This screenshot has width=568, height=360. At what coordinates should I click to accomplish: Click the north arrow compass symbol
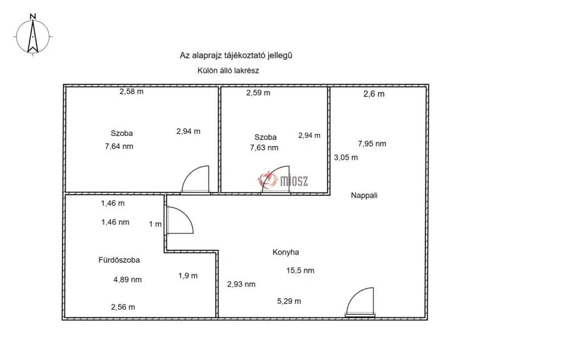[x=32, y=36]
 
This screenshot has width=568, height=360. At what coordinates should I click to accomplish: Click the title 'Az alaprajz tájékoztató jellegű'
[x=236, y=56]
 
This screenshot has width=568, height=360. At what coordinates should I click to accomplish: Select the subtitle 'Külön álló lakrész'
[x=228, y=70]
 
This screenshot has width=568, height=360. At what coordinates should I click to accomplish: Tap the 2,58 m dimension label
[x=132, y=91]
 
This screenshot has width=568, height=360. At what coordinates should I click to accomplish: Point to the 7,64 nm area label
[x=119, y=146]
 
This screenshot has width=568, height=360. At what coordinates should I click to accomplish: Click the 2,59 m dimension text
[x=258, y=93]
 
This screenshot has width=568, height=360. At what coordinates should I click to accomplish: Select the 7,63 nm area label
[x=264, y=148]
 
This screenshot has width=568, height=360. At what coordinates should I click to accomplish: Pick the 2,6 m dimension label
[x=374, y=94]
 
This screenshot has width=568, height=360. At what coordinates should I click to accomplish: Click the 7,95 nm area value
[x=372, y=144]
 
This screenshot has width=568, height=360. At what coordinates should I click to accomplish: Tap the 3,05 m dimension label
[x=345, y=157]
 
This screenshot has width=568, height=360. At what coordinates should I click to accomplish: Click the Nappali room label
[x=364, y=195]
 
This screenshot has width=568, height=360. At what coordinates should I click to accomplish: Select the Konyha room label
[x=286, y=253]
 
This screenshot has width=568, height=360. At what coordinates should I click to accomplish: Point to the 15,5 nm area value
[x=300, y=270]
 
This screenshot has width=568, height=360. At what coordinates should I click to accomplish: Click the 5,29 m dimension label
[x=289, y=302]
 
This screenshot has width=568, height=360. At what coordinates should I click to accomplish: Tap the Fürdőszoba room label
[x=119, y=260]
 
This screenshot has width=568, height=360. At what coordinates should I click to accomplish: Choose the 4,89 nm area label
[x=127, y=279]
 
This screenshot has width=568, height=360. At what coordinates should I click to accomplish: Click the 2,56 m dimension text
[x=123, y=307]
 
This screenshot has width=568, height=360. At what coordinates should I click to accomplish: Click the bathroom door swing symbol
[x=180, y=220]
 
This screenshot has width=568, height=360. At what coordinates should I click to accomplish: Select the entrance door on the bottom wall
[x=360, y=302]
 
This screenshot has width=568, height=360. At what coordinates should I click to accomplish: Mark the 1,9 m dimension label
[x=188, y=276]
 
